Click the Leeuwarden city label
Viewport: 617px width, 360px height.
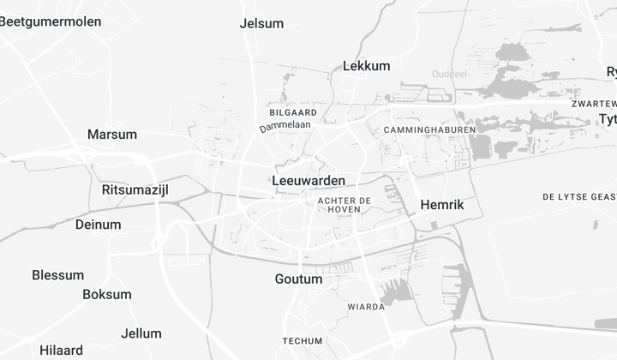tap(308, 181)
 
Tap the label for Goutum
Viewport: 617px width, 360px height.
tap(298, 279)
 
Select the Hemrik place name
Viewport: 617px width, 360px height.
tap(442, 205)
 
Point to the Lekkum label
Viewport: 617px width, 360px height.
tap(366, 65)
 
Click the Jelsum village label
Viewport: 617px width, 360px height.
tap(262, 23)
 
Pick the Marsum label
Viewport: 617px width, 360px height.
tap(112, 135)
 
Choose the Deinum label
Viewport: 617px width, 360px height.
tap(99, 225)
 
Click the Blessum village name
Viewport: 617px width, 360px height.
tap(58, 275)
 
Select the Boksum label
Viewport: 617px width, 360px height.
tap(107, 294)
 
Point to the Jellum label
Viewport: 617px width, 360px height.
tap(141, 333)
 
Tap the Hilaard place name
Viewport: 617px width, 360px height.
tap(61, 350)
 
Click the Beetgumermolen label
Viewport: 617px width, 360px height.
tap(50, 21)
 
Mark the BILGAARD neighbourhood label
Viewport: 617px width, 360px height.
tap(293, 112)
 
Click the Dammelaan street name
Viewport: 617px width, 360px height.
tap(285, 126)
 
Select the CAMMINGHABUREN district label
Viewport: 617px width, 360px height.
tap(418, 130)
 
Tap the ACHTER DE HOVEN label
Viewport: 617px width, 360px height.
tap(344, 205)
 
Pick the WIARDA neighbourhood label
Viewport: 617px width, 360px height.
tap(366, 306)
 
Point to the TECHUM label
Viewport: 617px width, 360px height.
tap(303, 340)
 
